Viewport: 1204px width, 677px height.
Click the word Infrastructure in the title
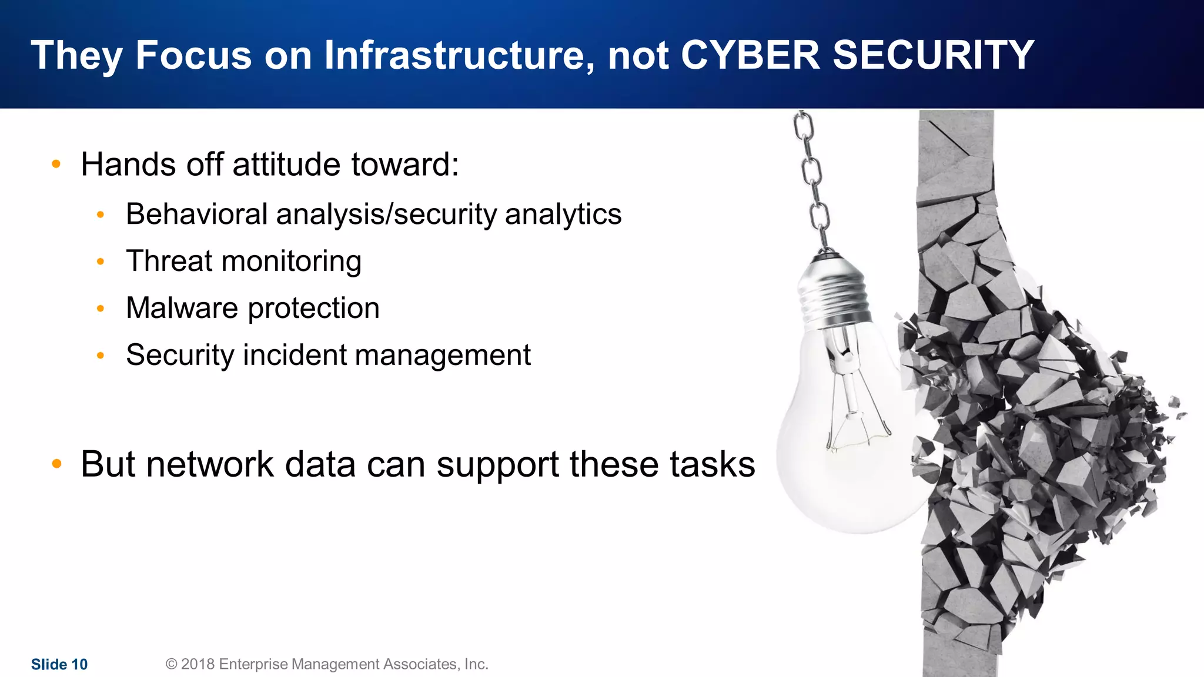point(455,55)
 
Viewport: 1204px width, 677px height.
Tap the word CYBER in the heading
point(750,55)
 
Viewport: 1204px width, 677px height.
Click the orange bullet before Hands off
point(56,164)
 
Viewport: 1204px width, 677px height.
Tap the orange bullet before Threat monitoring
point(101,262)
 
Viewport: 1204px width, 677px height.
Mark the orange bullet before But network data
point(56,464)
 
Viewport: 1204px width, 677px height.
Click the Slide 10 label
point(59,664)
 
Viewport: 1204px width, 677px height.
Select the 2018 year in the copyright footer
point(198,664)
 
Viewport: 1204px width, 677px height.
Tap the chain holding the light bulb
point(812,176)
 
